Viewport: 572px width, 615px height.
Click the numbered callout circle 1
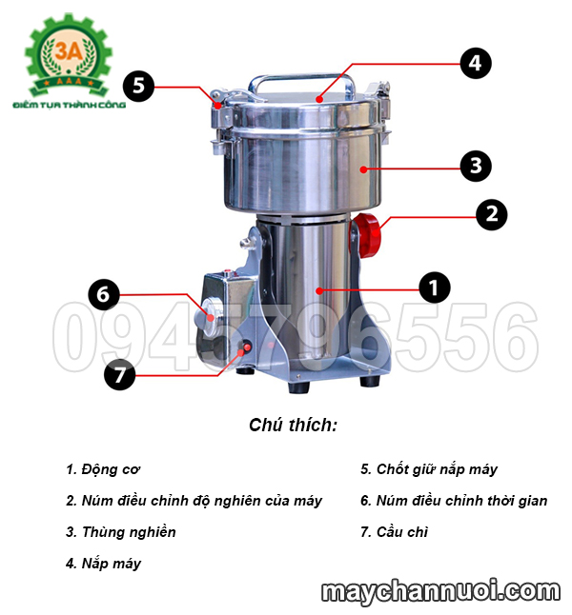434,286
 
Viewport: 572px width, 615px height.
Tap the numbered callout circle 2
491,213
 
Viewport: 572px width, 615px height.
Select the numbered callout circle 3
475,166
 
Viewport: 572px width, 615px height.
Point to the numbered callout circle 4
475,64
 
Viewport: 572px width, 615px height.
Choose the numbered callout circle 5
139,87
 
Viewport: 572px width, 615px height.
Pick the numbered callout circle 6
104,294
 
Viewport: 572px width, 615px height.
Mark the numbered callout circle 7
119,375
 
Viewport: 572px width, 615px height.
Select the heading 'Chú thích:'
293,425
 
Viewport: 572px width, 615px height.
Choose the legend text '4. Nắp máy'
104,564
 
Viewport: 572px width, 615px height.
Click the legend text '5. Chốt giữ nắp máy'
429,469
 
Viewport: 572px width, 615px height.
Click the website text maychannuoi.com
439,592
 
